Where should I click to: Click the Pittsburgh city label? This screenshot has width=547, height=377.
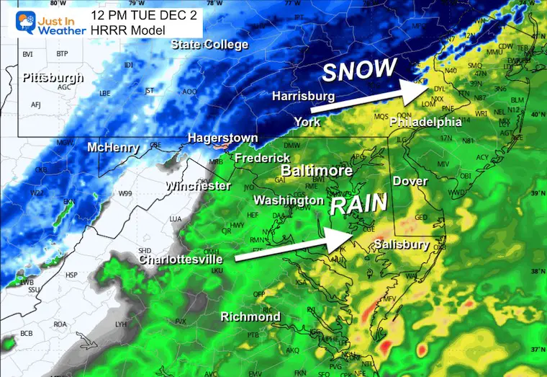(53, 77)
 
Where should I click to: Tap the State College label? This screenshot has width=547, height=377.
(209, 45)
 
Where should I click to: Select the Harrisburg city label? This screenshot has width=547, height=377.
(303, 96)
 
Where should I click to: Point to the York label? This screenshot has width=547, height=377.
(307, 121)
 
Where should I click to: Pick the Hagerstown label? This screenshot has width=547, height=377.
(219, 137)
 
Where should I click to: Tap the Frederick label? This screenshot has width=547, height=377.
(262, 157)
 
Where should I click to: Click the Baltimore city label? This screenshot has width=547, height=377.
(316, 171)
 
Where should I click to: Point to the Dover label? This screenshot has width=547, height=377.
(410, 181)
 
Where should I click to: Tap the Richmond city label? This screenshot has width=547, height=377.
(250, 316)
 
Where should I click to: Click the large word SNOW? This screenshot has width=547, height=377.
(359, 70)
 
